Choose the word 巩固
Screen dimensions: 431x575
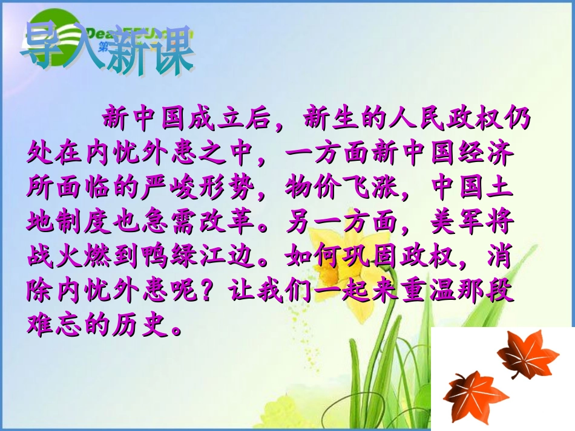(382, 258)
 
